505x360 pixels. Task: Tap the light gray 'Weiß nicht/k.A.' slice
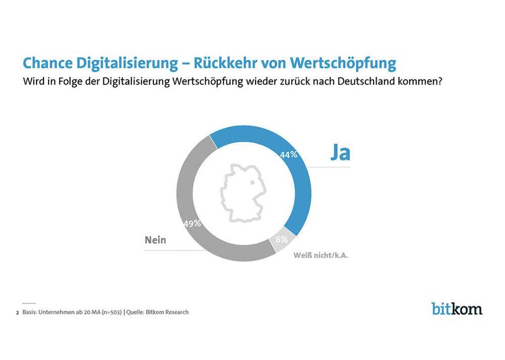(x=282, y=243)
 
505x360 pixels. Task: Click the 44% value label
(x=289, y=153)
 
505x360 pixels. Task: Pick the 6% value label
(x=282, y=239)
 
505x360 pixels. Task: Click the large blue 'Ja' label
(x=340, y=152)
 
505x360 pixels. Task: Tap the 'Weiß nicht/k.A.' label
(x=321, y=256)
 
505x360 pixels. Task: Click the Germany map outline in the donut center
(x=242, y=193)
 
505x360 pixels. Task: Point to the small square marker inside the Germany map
(x=254, y=182)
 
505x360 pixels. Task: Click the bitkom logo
(x=456, y=308)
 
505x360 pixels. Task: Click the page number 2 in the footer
(x=17, y=312)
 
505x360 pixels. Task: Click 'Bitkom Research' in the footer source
(x=169, y=312)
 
